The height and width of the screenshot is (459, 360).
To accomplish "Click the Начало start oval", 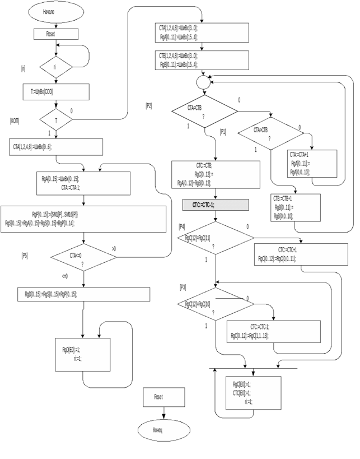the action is click(x=56, y=12).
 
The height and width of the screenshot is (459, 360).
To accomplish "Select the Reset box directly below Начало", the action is click(x=55, y=34).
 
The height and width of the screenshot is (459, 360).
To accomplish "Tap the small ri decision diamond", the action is click(x=55, y=67).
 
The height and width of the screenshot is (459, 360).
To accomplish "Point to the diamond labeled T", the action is click(x=56, y=119).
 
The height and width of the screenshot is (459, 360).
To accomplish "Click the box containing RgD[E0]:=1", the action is click(x=82, y=354).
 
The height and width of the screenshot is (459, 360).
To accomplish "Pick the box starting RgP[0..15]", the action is click(x=83, y=219).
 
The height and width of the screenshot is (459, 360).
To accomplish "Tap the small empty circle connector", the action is click(x=203, y=83).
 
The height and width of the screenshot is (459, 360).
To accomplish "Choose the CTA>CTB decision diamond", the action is click(x=270, y=133).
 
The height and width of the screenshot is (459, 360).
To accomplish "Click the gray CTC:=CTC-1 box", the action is click(x=216, y=205).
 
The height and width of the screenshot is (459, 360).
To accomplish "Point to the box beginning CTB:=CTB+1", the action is click(x=296, y=207).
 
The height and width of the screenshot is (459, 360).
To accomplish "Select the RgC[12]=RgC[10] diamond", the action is click(x=215, y=304).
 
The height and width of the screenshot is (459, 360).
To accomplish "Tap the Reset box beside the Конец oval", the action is click(x=163, y=397).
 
